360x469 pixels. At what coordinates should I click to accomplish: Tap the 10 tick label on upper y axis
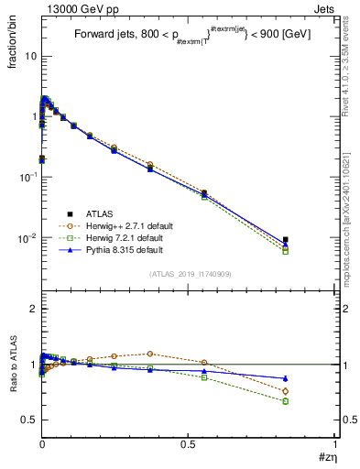[29, 56]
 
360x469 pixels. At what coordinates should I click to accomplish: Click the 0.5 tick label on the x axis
[189, 444]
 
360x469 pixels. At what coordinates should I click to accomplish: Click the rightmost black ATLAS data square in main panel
[286, 240]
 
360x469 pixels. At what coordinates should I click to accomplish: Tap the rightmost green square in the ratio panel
[286, 401]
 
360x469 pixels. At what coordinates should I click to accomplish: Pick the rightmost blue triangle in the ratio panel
[286, 378]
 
